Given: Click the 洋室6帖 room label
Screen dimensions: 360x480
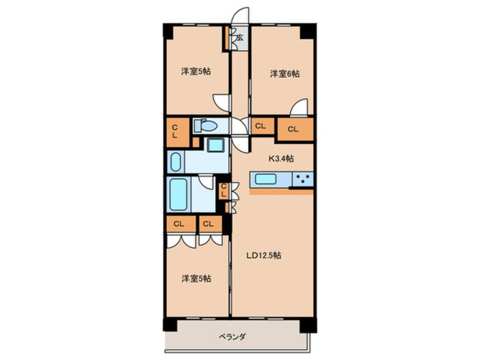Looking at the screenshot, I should (284, 74).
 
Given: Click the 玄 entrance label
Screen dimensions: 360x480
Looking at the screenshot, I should (239, 37).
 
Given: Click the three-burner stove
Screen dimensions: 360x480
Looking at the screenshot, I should (302, 180).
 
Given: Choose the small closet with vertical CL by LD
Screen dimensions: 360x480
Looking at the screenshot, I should (224, 190).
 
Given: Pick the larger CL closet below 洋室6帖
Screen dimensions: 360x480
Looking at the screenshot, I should (293, 129).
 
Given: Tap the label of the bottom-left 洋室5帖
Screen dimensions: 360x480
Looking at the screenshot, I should (196, 279).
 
